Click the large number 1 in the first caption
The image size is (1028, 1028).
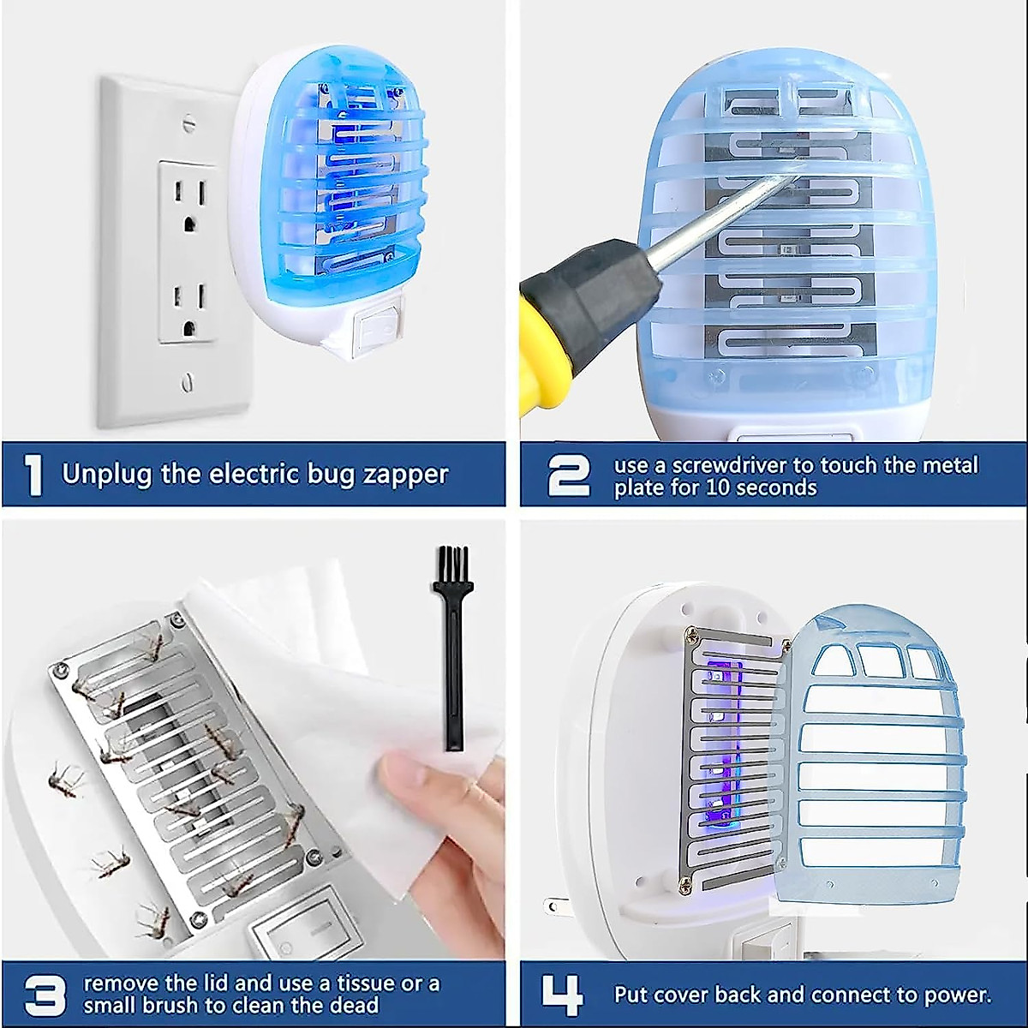(x=34, y=475)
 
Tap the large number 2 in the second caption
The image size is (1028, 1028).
(x=568, y=475)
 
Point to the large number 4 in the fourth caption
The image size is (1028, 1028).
(x=563, y=995)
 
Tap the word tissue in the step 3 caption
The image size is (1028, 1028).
(x=360, y=983)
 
